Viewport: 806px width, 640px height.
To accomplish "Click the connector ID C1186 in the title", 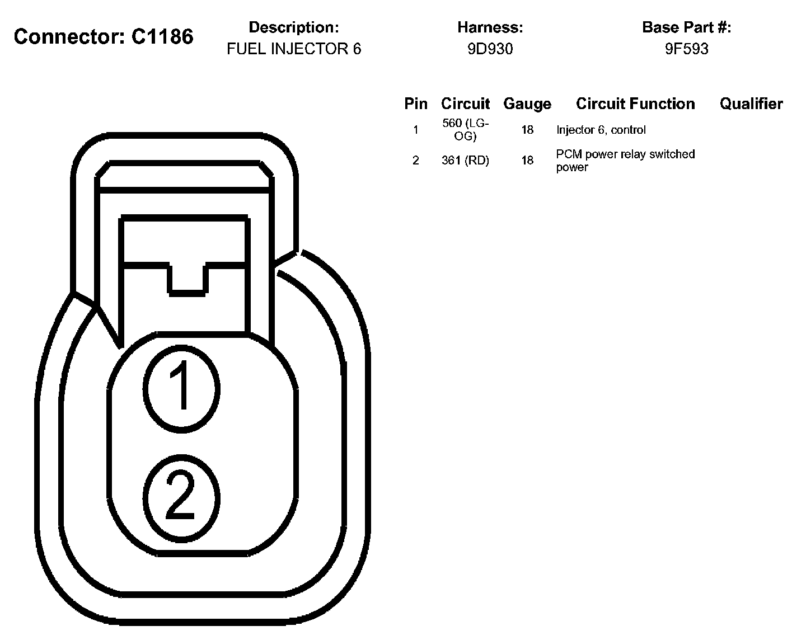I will (162, 37).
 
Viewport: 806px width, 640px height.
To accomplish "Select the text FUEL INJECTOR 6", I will (294, 49).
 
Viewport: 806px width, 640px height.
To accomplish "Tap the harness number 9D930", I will (490, 49).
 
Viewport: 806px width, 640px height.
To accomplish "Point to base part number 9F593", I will (686, 49).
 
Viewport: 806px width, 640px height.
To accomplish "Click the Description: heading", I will (294, 27).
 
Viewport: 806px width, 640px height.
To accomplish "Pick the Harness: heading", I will (490, 27).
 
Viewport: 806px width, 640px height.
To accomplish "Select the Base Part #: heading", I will (686, 27).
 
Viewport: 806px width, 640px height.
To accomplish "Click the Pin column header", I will (415, 103).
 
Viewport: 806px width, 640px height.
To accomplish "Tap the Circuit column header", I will (465, 103).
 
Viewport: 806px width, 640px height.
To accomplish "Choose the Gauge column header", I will (527, 103).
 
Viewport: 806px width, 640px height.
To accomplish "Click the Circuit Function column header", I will (635, 103).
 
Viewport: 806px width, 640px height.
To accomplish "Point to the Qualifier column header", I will (751, 103).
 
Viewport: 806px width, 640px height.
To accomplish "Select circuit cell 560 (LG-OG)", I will (465, 129).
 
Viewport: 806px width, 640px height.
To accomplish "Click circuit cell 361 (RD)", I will (465, 161).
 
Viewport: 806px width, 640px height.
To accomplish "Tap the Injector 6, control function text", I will (601, 130).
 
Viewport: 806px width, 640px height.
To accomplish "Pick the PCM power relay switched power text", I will (625, 160).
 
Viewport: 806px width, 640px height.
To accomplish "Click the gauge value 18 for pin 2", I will (527, 161).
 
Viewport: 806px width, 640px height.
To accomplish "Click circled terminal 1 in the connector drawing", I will (181, 388).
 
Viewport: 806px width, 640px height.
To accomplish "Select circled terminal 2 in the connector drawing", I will (181, 496).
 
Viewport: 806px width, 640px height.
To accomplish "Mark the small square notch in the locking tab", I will (187, 277).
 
